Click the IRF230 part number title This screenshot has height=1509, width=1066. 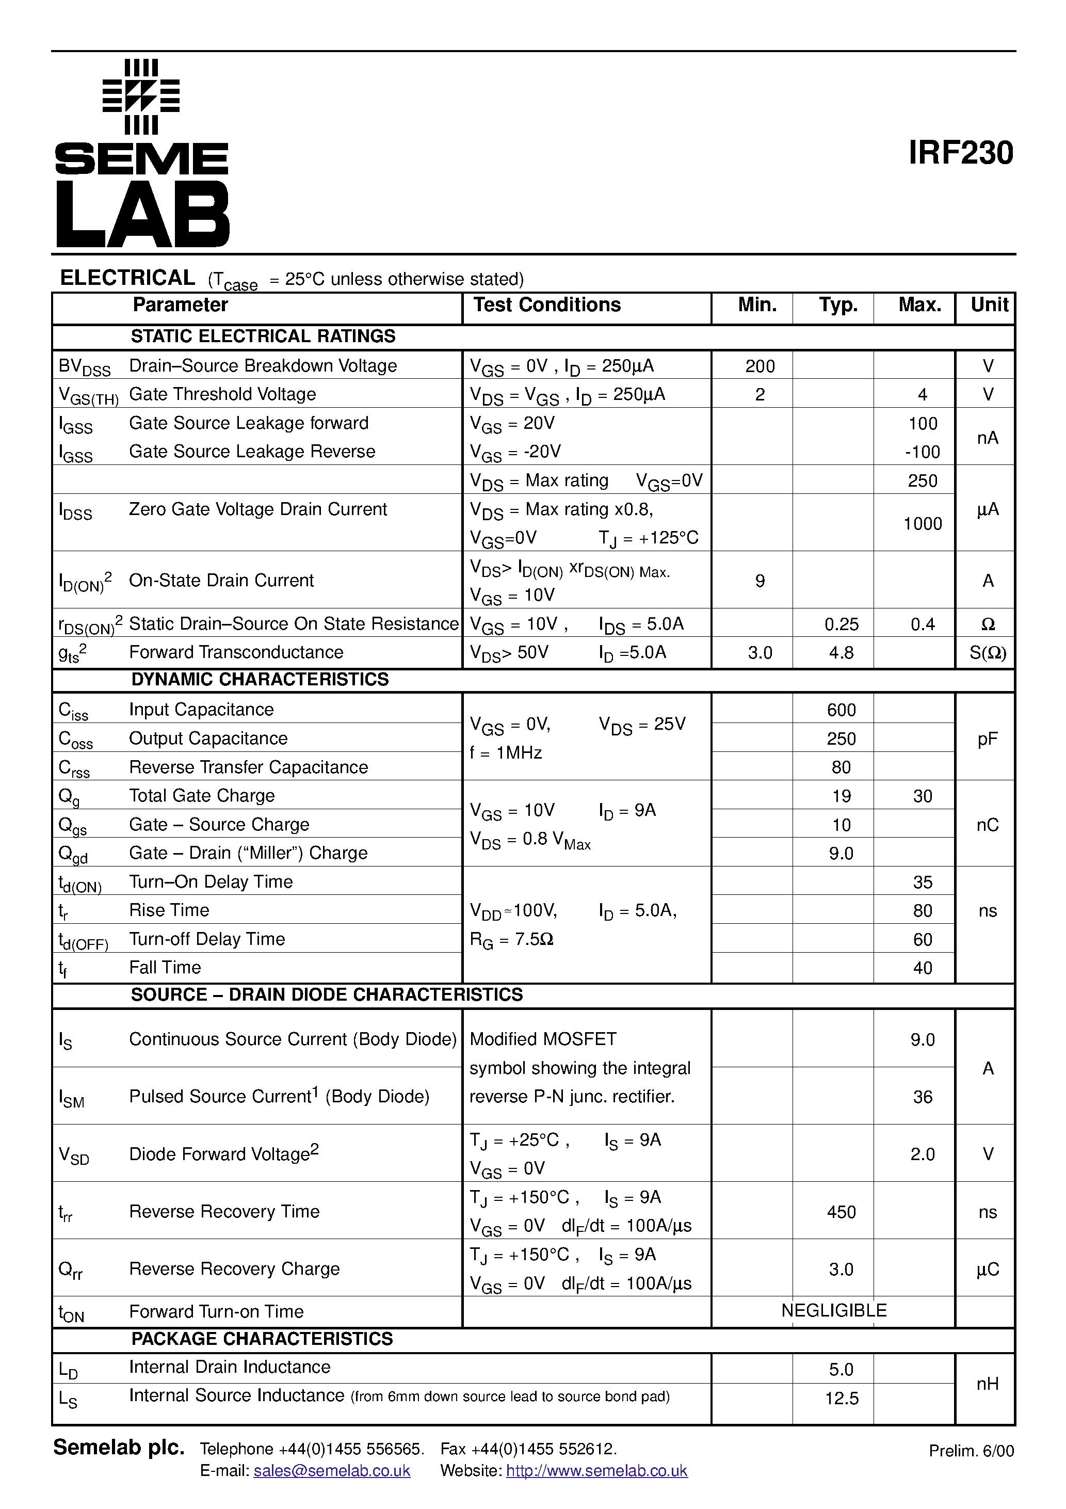click(x=960, y=153)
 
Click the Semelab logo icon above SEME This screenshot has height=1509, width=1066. click(x=141, y=97)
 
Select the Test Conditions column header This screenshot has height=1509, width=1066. click(x=547, y=305)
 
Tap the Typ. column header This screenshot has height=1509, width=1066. click(x=838, y=305)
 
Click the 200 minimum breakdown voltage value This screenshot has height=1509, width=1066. click(x=760, y=366)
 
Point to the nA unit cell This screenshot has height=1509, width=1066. click(x=987, y=438)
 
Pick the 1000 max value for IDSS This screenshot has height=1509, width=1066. click(x=922, y=524)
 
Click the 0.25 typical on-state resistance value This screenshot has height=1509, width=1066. click(x=841, y=624)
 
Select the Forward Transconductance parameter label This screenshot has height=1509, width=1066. click(x=236, y=652)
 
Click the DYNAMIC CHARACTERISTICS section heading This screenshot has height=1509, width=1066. click(x=260, y=680)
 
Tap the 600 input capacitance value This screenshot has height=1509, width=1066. click(x=841, y=710)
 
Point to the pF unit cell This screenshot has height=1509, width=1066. click(x=987, y=740)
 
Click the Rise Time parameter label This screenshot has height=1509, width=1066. click(x=169, y=910)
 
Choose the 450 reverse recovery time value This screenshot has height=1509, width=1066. click(x=841, y=1212)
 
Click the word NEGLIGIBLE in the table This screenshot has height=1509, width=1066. click(x=833, y=1310)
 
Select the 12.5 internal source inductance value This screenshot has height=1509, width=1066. click(x=841, y=1399)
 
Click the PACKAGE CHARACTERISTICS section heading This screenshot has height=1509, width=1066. click(x=262, y=1339)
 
